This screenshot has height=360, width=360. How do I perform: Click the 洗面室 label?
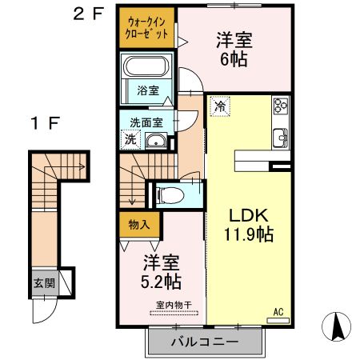146,122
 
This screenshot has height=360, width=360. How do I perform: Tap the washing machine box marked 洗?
130,139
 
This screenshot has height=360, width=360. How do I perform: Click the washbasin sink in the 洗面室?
158,142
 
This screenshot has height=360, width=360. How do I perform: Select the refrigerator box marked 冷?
219,104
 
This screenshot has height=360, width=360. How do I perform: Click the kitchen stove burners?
281,106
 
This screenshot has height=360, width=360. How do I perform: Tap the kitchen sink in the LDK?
281,136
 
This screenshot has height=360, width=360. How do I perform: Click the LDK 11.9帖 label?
248,225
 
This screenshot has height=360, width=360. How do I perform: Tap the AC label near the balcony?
280,310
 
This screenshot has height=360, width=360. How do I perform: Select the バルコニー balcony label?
203,342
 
